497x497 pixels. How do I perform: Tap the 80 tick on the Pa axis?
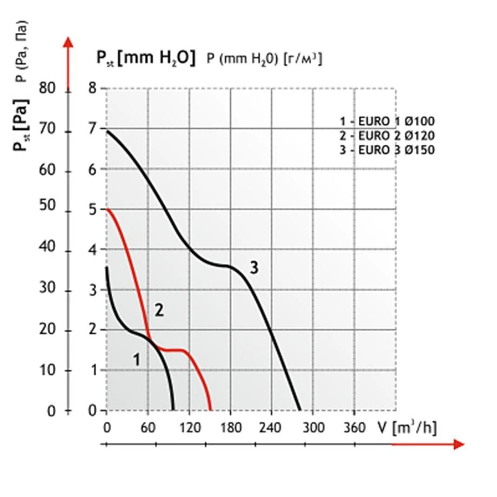point(48,89)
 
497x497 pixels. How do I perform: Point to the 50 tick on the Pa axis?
point(48,210)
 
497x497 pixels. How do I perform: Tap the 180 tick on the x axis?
point(230,428)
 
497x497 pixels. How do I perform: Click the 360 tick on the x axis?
point(354,428)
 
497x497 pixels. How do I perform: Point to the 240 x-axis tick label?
point(271,428)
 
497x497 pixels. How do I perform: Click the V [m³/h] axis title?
point(407,427)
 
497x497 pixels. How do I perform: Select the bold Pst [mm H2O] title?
point(145,58)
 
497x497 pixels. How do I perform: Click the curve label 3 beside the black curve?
point(254,266)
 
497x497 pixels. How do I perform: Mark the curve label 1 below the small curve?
point(137,359)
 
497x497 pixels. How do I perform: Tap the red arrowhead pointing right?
point(459,444)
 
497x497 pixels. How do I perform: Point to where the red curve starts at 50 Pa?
point(108,210)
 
